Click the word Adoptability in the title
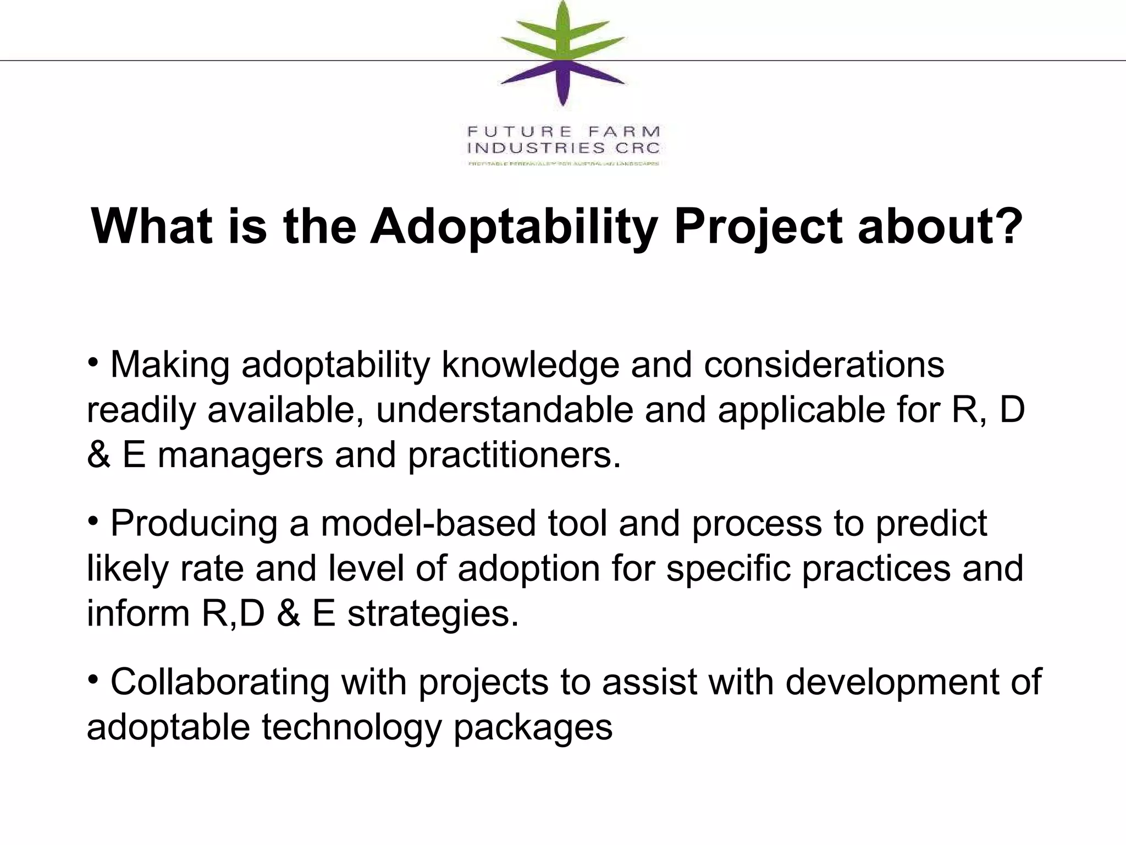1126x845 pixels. click(514, 227)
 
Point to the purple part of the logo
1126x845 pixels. click(562, 83)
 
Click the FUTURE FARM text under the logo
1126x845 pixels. click(564, 132)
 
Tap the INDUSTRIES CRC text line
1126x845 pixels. click(564, 148)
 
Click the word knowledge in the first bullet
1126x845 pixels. click(530, 365)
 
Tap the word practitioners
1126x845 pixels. click(514, 456)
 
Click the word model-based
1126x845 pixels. click(428, 523)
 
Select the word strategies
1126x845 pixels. click(433, 614)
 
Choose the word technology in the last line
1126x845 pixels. click(351, 727)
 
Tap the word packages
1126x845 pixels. click(532, 727)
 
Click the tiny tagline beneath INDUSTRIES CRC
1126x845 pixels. click(564, 163)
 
